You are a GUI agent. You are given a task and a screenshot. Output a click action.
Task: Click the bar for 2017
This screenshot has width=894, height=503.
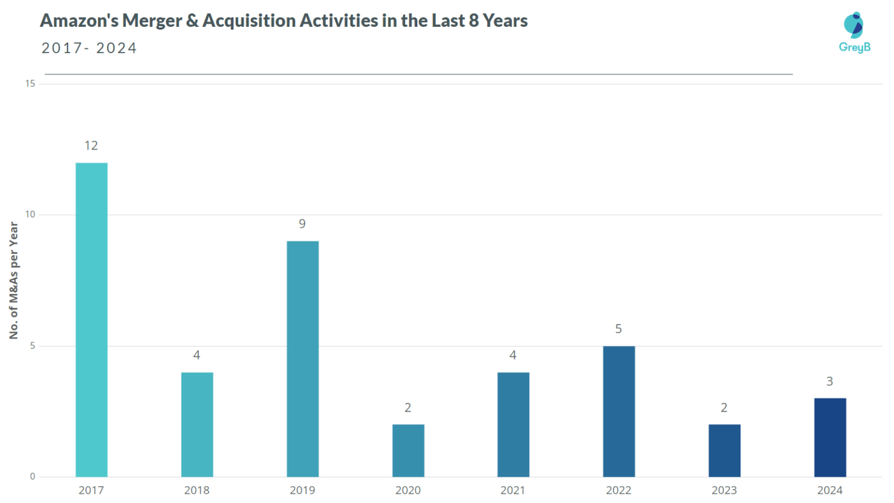tap(91, 320)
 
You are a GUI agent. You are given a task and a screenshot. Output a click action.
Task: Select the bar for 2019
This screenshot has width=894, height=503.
tap(303, 359)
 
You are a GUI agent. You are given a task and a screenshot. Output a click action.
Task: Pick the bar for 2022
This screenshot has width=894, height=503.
tap(619, 411)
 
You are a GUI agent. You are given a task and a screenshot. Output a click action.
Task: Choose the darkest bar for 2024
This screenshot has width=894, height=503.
tap(830, 437)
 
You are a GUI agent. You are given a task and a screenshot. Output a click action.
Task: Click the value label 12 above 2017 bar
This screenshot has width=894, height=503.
tap(91, 146)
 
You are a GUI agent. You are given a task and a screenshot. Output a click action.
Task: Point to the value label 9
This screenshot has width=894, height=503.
tap(302, 224)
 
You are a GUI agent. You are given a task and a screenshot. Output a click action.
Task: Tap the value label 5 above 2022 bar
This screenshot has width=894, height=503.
tap(618, 329)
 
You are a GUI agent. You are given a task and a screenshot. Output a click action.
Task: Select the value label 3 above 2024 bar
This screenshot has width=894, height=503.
tap(829, 381)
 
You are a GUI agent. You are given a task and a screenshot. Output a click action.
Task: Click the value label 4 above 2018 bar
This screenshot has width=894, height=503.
tap(197, 355)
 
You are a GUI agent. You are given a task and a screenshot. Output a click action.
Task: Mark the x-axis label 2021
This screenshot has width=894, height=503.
tap(513, 490)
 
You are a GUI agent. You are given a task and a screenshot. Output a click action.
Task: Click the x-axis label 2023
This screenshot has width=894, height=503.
tap(724, 490)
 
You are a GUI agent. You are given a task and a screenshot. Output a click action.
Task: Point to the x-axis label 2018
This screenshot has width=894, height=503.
tap(197, 490)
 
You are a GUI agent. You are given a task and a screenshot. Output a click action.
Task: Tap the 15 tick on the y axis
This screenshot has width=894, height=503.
tap(30, 84)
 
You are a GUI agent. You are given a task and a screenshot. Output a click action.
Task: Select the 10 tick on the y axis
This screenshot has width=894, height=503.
tap(30, 215)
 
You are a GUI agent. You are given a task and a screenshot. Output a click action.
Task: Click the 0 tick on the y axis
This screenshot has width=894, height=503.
tap(33, 476)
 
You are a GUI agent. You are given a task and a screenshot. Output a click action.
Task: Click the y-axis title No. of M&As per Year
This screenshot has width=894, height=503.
tap(14, 281)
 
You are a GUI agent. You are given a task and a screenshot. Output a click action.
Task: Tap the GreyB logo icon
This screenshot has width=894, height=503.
tap(854, 25)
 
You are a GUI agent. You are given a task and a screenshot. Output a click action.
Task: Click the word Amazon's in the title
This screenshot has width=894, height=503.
tap(79, 21)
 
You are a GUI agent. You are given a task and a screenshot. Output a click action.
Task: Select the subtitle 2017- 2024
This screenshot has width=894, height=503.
tap(89, 48)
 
